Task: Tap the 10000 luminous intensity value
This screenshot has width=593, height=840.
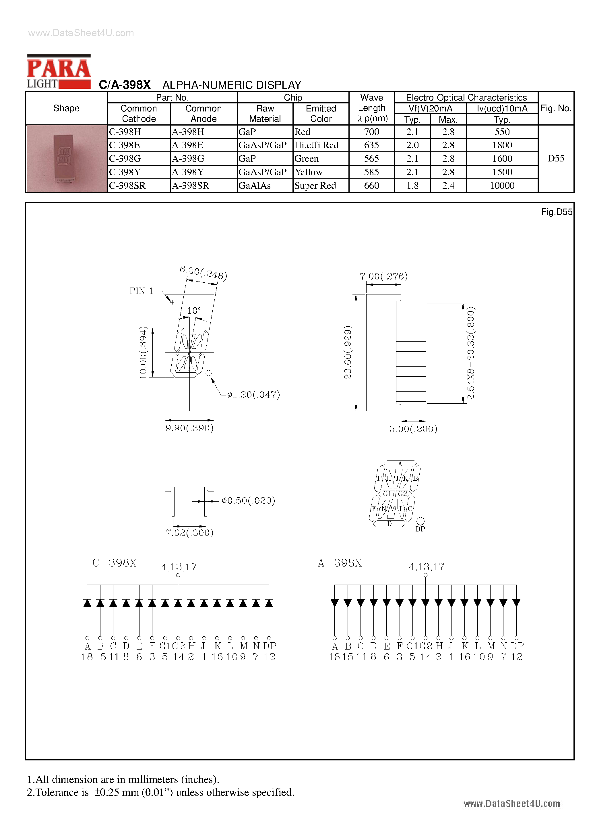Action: click(x=502, y=186)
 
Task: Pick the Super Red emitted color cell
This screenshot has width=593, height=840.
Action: click(x=315, y=186)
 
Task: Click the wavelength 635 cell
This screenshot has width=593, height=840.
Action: click(x=371, y=145)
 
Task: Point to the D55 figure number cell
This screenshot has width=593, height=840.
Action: click(x=556, y=158)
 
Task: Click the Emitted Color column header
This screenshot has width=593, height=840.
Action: click(x=321, y=113)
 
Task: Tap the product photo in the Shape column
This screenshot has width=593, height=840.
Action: click(x=66, y=158)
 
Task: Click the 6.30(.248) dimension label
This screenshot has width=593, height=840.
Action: click(x=203, y=273)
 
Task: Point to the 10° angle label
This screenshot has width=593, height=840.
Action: click(x=194, y=311)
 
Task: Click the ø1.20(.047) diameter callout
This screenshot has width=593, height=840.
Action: click(x=253, y=394)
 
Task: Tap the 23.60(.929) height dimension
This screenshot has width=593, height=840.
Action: click(x=348, y=352)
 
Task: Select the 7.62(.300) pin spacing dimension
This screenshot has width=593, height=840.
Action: click(x=189, y=533)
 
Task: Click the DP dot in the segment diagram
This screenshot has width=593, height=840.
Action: click(x=420, y=521)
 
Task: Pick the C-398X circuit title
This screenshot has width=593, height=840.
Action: click(x=114, y=563)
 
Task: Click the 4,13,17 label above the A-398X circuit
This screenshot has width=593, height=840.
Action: click(x=426, y=567)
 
